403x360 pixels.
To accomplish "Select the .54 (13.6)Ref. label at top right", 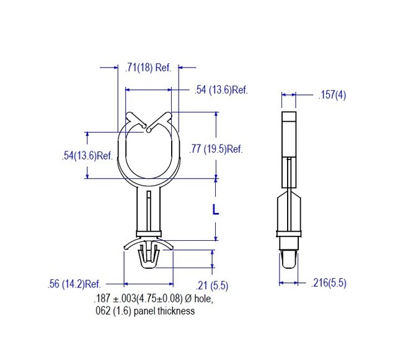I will point(221,91).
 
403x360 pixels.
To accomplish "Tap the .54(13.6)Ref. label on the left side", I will point(87,156).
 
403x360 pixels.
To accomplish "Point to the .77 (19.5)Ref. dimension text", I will point(216,149).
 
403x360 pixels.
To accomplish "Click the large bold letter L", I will point(216,210).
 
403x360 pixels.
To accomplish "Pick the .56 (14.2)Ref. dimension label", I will point(74,284).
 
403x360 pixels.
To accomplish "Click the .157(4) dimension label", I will point(332,95).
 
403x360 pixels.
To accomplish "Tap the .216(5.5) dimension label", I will point(328,283).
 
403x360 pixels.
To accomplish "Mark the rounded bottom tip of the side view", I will point(289,263).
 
